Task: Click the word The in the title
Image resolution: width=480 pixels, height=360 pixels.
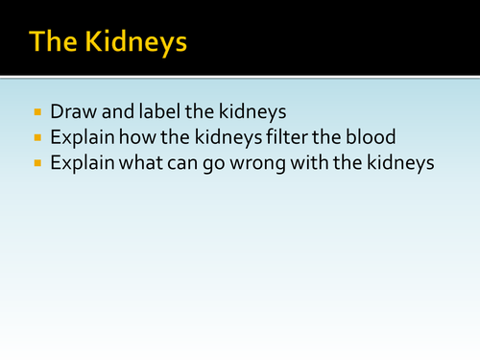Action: coord(55,42)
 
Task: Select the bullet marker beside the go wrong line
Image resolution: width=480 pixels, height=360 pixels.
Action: coord(37,163)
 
